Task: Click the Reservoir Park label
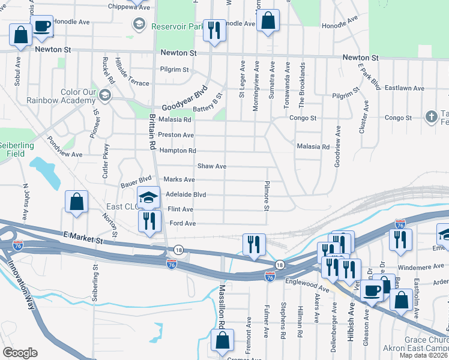[178, 26]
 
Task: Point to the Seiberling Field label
[16, 149]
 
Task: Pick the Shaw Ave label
[211, 166]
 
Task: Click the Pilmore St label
[266, 196]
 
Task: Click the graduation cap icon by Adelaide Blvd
[149, 197]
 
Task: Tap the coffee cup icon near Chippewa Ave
[41, 26]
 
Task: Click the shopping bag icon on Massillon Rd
[222, 340]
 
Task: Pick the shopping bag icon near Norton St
[77, 202]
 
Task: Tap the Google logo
[20, 353]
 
